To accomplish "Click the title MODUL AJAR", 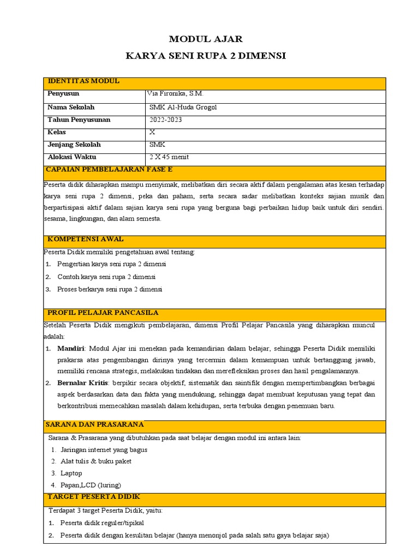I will tap(206, 39).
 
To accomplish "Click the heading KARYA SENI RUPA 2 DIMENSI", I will tap(206, 56).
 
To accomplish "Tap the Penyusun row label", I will tap(64, 94).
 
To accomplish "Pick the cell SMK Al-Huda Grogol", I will tap(183, 107).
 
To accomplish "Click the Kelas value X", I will tap(152, 132).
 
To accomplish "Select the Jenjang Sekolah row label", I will tap(74, 145).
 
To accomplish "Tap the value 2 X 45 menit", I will tap(169, 157).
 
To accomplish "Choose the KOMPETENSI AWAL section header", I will tap(86, 239).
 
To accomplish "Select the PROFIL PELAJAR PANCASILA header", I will tap(103, 313).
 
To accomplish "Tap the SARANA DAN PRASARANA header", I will tap(95, 424).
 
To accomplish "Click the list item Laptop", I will tap(71, 473).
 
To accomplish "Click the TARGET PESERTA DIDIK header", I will tap(94, 497).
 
